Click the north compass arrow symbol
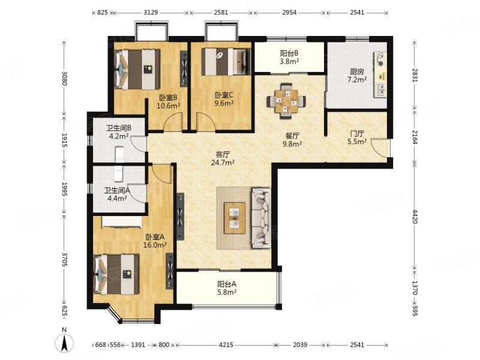coord(64,342)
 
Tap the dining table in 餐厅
coord(286,101)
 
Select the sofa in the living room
coord(261,218)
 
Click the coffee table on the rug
coord(235,218)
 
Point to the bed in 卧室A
coord(116,275)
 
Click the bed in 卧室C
coord(226,62)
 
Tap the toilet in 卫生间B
coord(119,155)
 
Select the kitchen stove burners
coord(380,60)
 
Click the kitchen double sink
coord(381,89)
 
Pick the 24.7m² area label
coord(223,163)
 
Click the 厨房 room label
coord(357,72)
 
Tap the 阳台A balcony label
coord(227,284)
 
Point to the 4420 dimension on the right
coord(415,217)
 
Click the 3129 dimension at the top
coord(151,12)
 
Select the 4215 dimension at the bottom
coord(226,344)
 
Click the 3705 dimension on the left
coord(65,259)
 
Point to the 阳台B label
coord(289,53)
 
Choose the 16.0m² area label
coord(155,245)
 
